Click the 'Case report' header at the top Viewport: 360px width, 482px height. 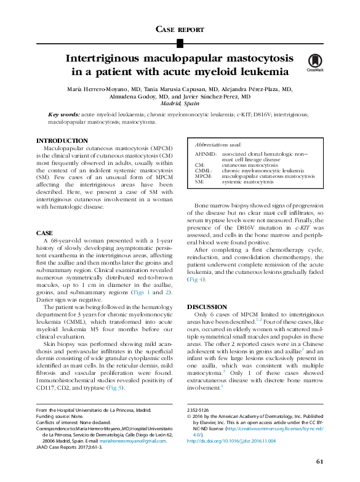tap(180, 28)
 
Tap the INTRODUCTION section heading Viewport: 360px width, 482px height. tap(62, 141)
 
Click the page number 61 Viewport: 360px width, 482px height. tap(319, 461)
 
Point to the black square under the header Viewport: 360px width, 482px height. tap(180, 42)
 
